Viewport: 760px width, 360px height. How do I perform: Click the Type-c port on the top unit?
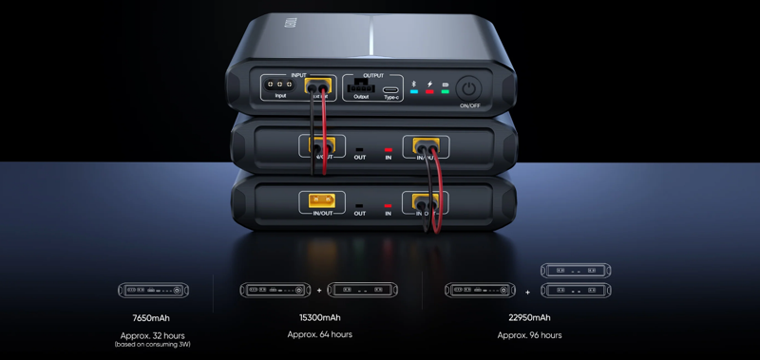(390, 87)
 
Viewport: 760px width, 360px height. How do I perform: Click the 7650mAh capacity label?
(152, 318)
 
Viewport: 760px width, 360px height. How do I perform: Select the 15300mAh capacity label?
(319, 318)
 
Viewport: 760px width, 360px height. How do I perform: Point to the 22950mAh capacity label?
(529, 318)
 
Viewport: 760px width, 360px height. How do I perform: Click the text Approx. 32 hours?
(152, 335)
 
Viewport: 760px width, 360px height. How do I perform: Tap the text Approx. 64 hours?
(319, 334)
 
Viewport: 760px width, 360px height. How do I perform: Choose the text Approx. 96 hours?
(529, 334)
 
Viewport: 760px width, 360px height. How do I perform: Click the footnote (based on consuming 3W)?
(152, 345)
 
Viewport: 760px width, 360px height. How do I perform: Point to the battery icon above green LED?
(445, 85)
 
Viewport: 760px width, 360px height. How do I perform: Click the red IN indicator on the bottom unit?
(388, 205)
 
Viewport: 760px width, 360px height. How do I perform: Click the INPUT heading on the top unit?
(298, 74)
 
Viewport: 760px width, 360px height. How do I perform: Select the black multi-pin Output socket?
(361, 86)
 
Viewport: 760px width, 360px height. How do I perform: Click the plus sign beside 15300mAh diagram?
(319, 290)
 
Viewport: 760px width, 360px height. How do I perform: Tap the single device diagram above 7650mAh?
(152, 289)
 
